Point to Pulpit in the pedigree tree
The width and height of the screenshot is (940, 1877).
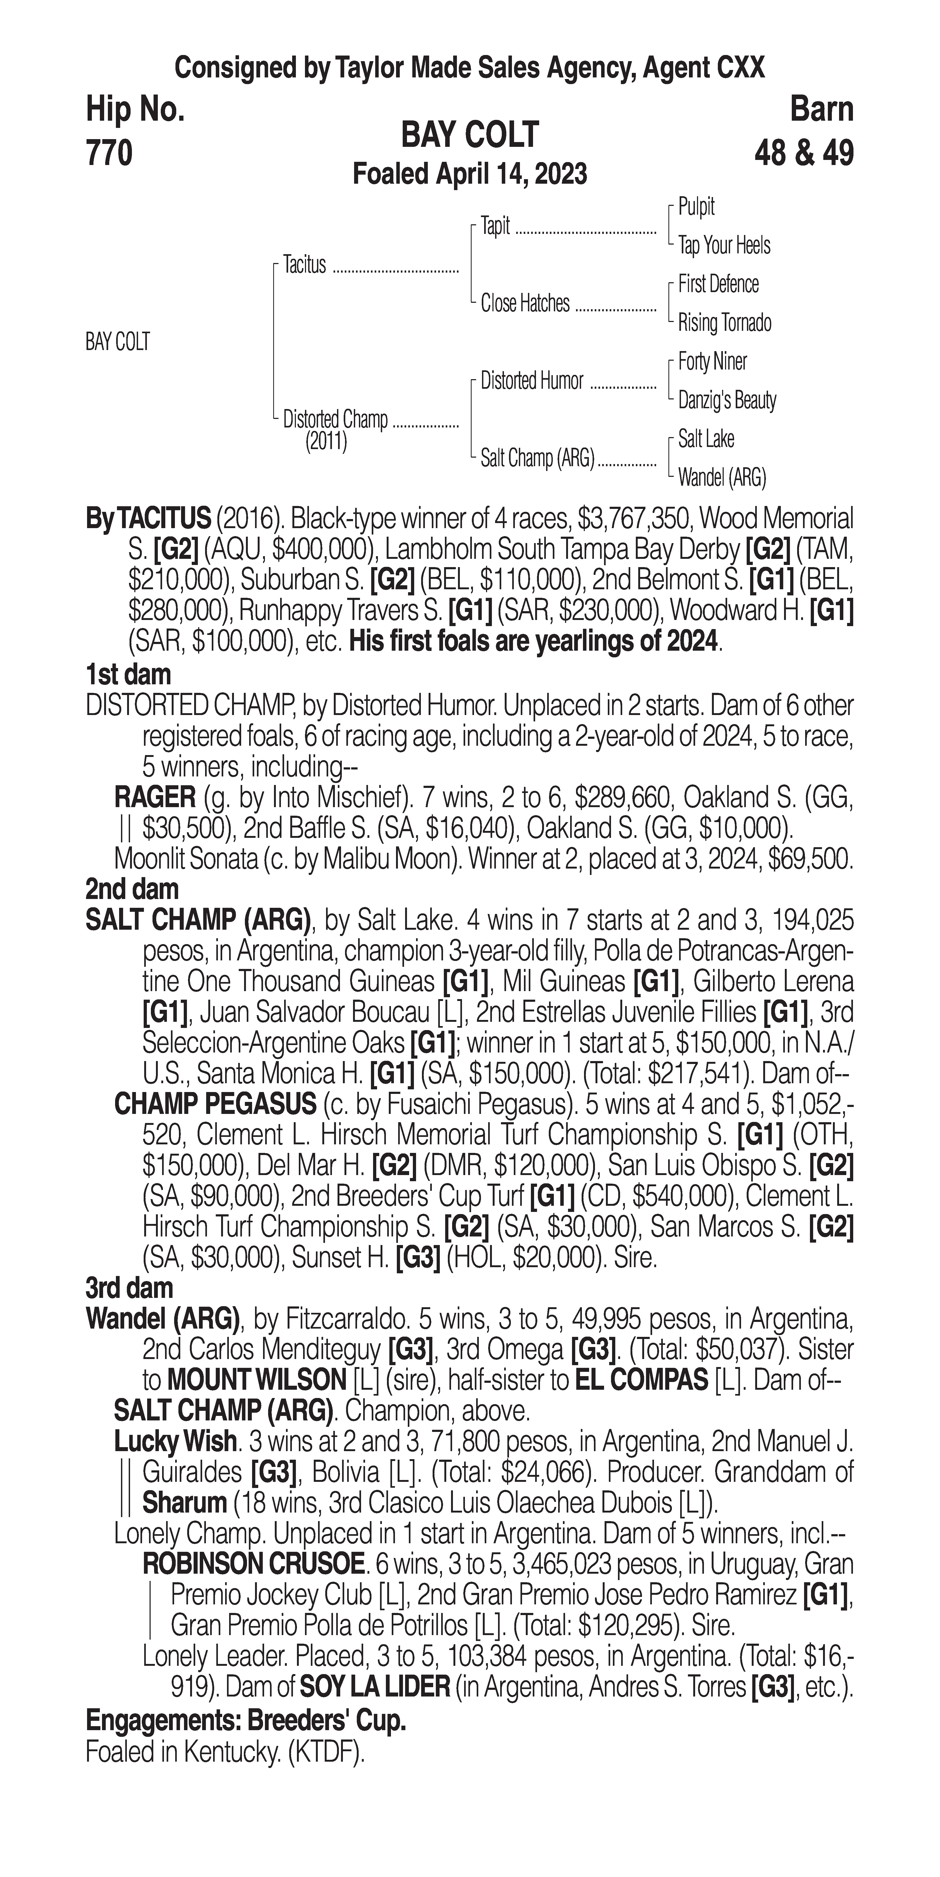coord(696,207)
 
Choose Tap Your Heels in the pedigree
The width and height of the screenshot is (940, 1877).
coord(724,246)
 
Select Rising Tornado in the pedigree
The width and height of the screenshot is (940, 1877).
coord(724,323)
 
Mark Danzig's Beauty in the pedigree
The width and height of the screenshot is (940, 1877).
coord(726,400)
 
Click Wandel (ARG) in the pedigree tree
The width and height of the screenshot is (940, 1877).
coord(721,478)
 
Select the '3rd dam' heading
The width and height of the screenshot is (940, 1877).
coord(129,1288)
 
